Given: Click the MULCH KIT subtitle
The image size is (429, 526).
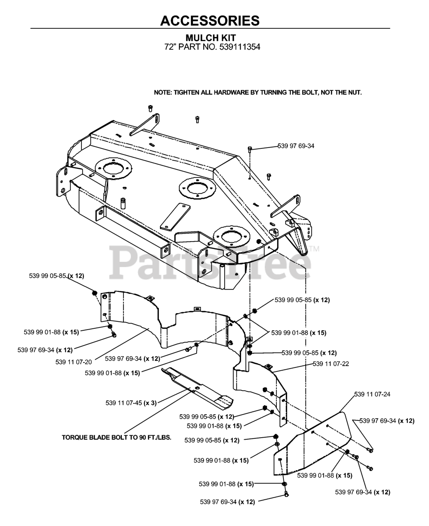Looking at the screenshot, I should coord(211,38).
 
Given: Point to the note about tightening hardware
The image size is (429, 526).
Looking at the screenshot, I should coord(258,92).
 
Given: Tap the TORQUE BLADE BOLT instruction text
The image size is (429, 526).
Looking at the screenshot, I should coord(116,437).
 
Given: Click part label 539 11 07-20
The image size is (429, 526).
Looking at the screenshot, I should coord(74,362).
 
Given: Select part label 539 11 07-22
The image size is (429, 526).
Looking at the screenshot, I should coord(331,364).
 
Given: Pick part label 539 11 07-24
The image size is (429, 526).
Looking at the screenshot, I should coord(372,394).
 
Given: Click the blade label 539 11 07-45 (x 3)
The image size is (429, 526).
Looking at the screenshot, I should coord(131,403).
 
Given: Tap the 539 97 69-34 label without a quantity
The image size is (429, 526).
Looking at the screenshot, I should coord(296,145).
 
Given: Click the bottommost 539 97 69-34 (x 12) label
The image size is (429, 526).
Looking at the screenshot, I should coord(227,502).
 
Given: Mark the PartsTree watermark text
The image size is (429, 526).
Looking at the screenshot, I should coord(210,261).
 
